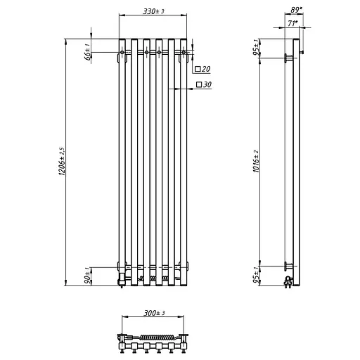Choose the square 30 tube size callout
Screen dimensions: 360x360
[205, 84]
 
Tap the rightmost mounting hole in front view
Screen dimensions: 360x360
[184, 52]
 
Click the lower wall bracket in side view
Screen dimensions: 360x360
[288, 266]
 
